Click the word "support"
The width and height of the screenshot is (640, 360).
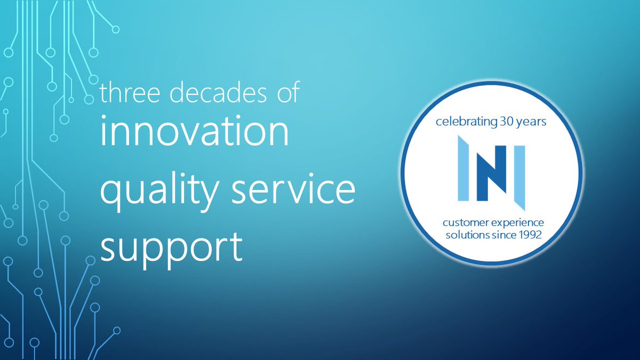point(171,248)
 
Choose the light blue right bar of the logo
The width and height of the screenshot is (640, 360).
point(519,176)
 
